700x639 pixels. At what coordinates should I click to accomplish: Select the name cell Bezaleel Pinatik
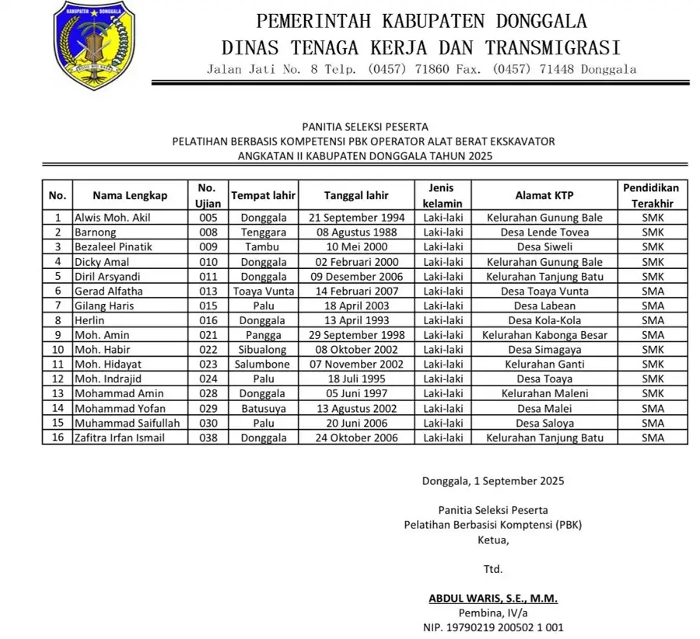pos(113,246)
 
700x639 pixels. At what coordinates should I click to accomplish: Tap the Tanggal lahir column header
pos(356,195)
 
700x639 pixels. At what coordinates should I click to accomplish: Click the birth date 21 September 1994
pos(356,218)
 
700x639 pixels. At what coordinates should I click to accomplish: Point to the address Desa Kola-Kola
pos(544,320)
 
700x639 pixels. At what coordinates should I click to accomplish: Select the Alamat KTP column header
pos(544,195)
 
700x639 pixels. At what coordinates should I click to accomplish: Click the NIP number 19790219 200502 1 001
pos(493,627)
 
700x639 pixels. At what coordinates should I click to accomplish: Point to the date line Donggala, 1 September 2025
pos(493,480)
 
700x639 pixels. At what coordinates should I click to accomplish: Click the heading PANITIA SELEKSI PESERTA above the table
pos(366,126)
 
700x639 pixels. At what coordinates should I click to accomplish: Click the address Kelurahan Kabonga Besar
pos(544,335)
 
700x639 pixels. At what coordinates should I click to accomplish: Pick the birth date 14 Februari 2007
pos(356,291)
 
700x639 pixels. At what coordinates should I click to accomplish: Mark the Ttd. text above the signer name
pos(493,568)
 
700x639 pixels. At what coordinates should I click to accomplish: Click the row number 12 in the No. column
pos(58,379)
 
